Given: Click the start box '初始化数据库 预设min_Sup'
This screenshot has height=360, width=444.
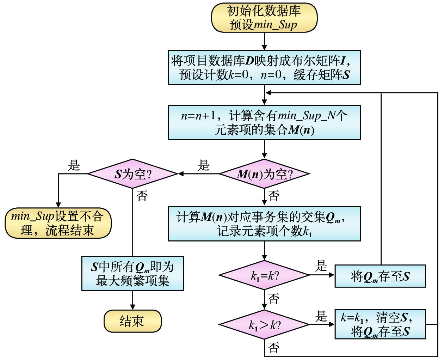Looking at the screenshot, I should tap(264, 18).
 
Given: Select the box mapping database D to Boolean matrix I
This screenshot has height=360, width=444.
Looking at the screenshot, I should tap(264, 67).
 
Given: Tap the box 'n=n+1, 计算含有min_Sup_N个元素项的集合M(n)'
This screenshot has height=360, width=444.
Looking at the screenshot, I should tap(264, 122).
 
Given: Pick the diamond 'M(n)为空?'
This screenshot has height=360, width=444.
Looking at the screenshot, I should tap(264, 173).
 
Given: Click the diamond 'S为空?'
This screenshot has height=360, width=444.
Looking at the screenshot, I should tap(132, 173).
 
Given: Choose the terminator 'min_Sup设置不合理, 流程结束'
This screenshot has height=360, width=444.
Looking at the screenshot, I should tap(58, 223).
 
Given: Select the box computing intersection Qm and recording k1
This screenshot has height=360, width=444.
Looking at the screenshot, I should tap(264, 224).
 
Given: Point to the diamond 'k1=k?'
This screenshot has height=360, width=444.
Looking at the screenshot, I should tap(264, 275).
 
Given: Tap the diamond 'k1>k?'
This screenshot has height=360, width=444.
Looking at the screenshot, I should tap(264, 324).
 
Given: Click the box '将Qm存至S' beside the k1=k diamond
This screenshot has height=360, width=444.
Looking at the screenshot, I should tap(380, 276).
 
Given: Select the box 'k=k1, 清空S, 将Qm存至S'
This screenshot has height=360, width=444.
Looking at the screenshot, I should tap(380, 324).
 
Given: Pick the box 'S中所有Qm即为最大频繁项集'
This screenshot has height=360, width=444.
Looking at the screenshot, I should tap(132, 273).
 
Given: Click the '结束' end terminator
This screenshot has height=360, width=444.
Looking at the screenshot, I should tap(132, 321).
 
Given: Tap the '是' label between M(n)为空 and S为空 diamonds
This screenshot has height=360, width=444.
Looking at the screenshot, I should tap(204, 165).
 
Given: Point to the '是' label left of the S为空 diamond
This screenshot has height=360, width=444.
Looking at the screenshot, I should tap(74, 165).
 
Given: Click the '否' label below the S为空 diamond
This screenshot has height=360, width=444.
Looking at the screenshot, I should tap(142, 196).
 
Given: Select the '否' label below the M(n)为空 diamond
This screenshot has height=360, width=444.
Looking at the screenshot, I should tap(274, 196).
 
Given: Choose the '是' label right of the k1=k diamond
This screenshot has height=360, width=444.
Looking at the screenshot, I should tap(321, 266).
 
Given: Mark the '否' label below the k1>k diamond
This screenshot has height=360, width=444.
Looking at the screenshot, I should tap(274, 348).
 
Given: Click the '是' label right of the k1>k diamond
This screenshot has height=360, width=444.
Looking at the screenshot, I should tap(321, 316).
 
